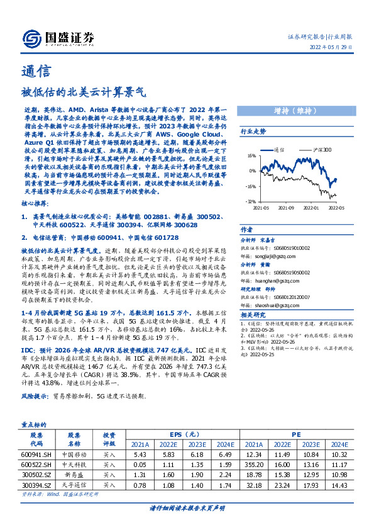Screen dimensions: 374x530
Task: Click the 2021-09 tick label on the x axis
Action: click(x=286, y=206)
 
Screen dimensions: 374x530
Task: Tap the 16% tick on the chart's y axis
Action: click(x=251, y=155)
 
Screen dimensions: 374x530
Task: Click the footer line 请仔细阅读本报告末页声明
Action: click(x=187, y=507)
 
